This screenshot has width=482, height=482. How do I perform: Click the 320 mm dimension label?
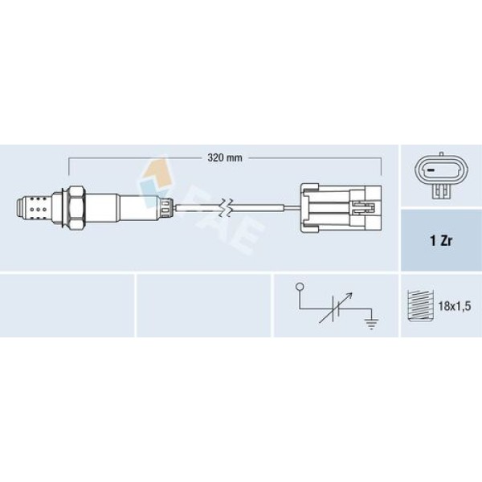pyautogui.click(x=225, y=158)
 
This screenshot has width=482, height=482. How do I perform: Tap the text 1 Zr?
pyautogui.click(x=441, y=241)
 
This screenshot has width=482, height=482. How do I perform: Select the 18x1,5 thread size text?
pyautogui.click(x=455, y=306)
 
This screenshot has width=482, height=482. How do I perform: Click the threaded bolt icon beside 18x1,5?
pyautogui.click(x=420, y=305)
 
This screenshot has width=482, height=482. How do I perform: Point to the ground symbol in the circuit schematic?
pyautogui.click(x=371, y=324)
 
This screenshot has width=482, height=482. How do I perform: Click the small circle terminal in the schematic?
pyautogui.click(x=299, y=287)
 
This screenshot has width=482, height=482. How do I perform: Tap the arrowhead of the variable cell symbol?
pyautogui.click(x=349, y=296)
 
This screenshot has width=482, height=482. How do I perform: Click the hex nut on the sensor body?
pyautogui.click(x=76, y=208)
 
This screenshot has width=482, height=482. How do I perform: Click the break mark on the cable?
pyautogui.click(x=226, y=208)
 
